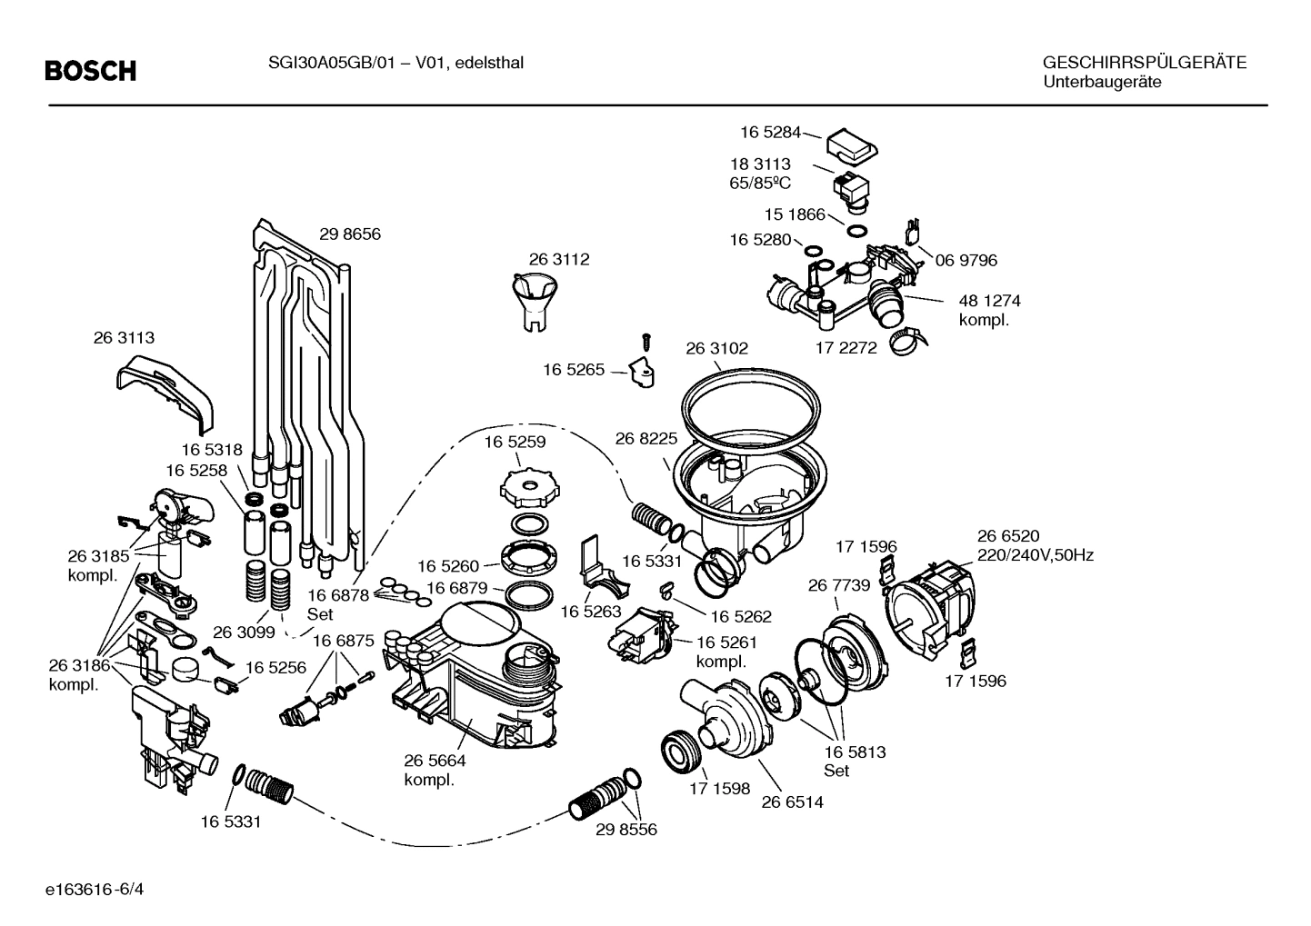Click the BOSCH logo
click(91, 71)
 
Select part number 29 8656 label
click(350, 234)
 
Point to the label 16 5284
click(770, 133)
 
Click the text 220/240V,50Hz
click(1035, 555)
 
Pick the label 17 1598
click(720, 789)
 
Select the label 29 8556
click(626, 830)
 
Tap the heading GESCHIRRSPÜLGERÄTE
click(1144, 63)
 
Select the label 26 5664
click(435, 762)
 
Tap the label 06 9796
click(966, 261)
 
